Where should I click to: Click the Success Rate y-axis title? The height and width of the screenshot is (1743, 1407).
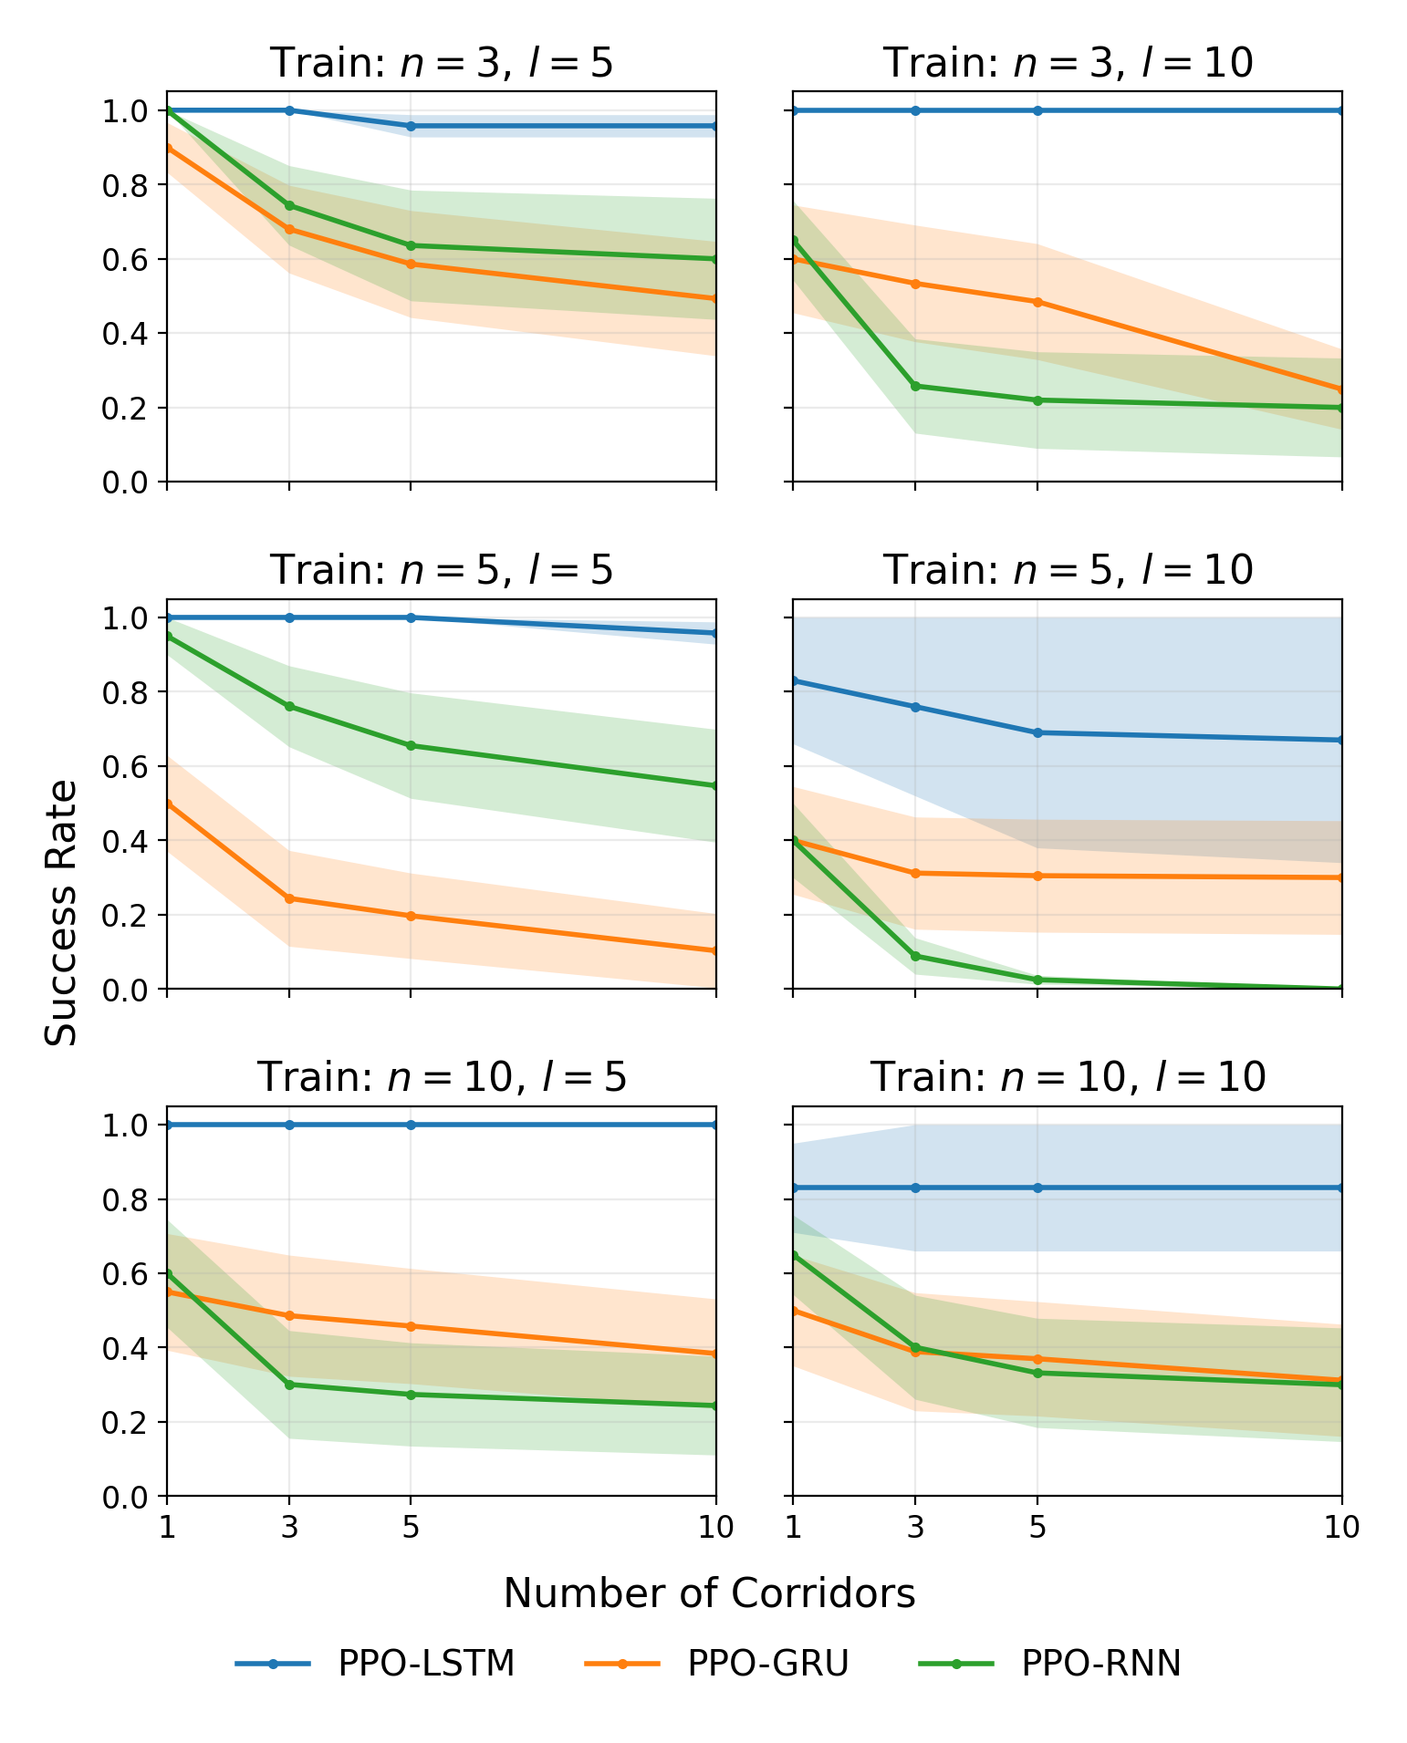[61, 912]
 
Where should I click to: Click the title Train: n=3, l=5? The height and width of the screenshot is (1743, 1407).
[442, 63]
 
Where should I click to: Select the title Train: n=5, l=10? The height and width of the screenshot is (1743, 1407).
[1068, 570]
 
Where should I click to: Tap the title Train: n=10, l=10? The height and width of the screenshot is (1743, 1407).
[1068, 1077]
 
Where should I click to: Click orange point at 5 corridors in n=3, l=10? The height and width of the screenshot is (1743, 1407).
[1037, 302]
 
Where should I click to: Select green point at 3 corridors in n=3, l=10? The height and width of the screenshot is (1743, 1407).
[915, 386]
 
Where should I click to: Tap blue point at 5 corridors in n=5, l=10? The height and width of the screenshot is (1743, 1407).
[1037, 732]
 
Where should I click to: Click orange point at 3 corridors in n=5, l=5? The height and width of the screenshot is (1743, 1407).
[289, 898]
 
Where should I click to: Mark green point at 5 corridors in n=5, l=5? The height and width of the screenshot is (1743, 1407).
[411, 745]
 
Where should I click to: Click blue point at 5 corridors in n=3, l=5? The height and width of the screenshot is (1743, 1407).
[411, 126]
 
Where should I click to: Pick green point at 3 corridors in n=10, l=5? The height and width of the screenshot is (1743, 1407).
[289, 1385]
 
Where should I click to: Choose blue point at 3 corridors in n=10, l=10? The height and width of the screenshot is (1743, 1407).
[915, 1188]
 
